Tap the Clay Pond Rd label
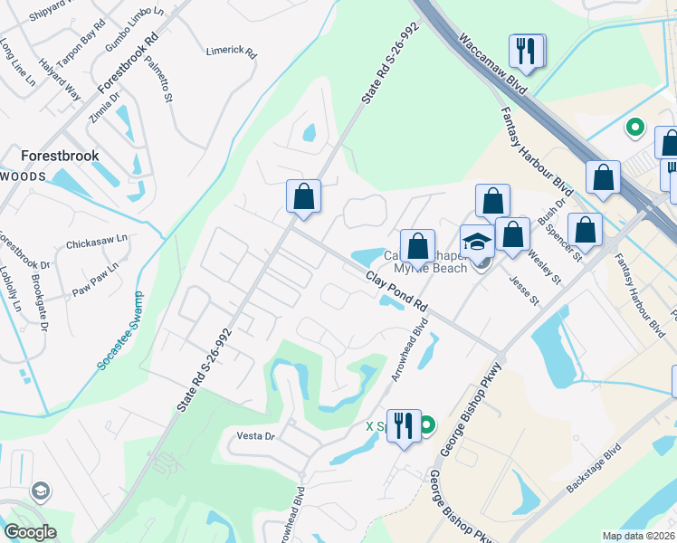pos(396,293)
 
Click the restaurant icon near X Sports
pos(404,426)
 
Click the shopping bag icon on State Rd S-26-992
pos(303,196)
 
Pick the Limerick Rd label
pos(231,51)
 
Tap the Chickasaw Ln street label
pos(97,243)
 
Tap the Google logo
pos(30,532)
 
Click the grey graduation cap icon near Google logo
pos(40,491)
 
